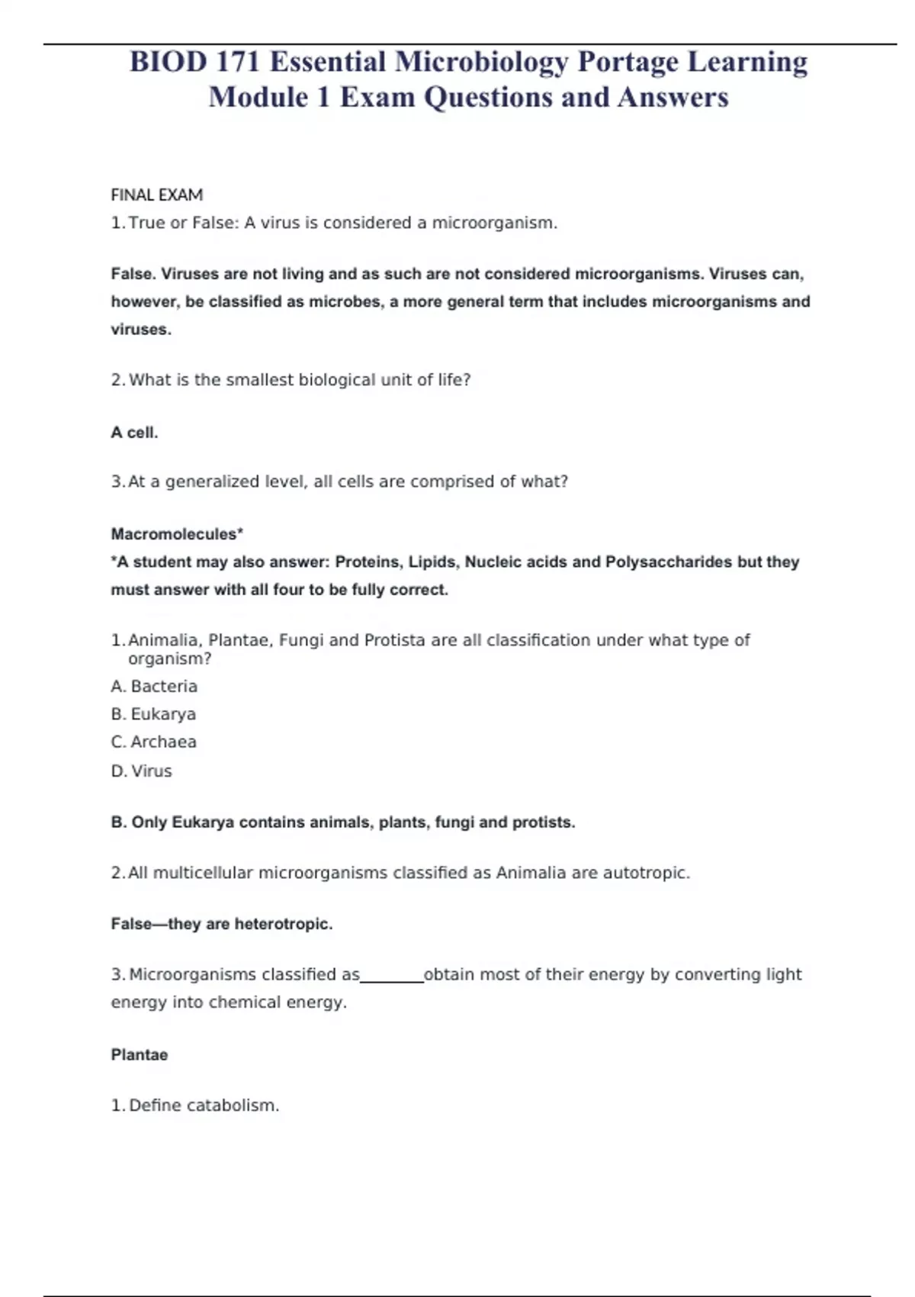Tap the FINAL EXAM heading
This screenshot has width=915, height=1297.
point(157,195)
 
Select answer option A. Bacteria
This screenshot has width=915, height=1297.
point(154,686)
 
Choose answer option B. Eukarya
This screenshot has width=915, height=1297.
point(153,714)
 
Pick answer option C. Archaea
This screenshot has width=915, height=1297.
point(153,742)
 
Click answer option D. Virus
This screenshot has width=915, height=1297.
point(142,771)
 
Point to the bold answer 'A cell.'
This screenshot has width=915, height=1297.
point(134,433)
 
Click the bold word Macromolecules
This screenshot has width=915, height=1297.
point(175,534)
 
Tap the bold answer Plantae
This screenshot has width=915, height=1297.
point(140,1054)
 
